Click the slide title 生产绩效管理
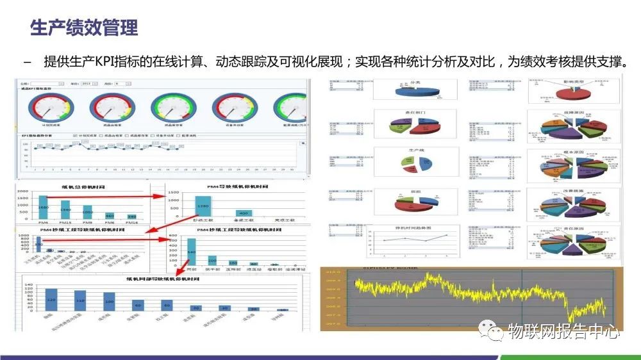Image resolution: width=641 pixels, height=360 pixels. click(84, 28)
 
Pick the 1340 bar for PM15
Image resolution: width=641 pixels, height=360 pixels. click(65, 209)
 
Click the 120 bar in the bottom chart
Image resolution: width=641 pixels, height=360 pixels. click(51, 299)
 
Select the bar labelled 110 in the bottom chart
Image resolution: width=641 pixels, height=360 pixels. click(80, 300)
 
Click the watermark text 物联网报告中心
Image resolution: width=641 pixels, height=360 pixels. click(563, 331)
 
